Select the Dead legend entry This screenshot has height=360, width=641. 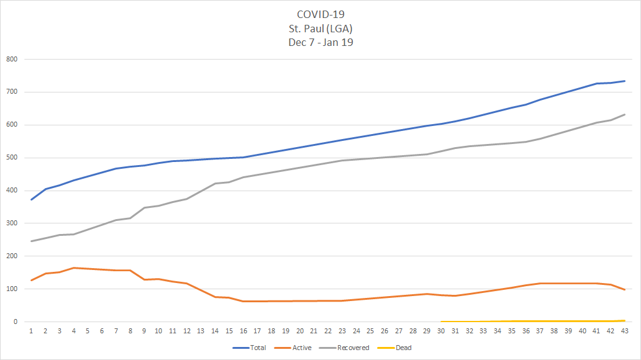[x=402, y=348]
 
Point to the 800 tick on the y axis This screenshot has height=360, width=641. [x=12, y=60]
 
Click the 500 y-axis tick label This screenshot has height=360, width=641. [x=12, y=158]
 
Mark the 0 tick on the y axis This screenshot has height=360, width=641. [x=16, y=322]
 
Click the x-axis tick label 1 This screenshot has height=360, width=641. [x=31, y=331]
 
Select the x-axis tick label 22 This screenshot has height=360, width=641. [x=328, y=331]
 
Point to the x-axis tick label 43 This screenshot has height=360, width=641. [x=625, y=331]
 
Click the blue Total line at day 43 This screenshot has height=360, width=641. [x=625, y=81]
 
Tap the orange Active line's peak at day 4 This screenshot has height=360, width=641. [x=74, y=268]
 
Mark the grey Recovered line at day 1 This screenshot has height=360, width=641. [x=31, y=241]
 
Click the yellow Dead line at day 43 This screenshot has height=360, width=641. [x=625, y=320]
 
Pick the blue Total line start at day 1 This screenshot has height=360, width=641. [x=31, y=200]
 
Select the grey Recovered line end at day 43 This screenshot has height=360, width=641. [x=625, y=114]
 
